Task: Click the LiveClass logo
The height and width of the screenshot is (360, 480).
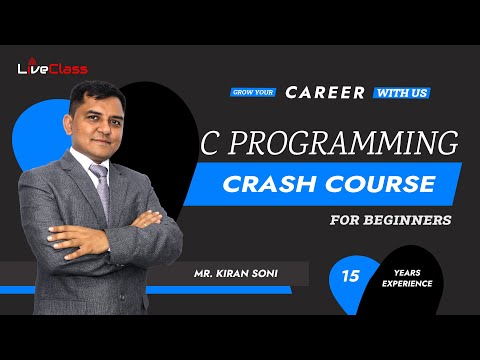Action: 53,68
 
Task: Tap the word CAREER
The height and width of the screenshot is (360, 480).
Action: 326,92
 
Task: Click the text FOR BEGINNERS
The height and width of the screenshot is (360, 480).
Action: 389,219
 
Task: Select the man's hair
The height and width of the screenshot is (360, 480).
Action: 95,88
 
